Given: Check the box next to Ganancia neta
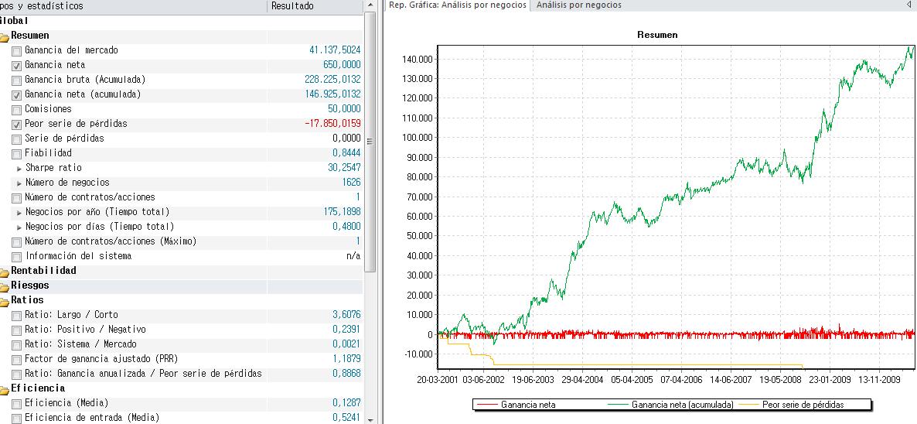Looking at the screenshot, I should coord(17,66).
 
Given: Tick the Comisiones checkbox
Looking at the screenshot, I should coord(17,110).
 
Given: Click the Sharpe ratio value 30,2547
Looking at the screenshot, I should coord(344,168).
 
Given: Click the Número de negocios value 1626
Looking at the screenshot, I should coord(350,183).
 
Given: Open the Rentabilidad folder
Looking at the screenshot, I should coord(5,272).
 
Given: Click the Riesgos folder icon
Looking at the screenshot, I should coord(5,286).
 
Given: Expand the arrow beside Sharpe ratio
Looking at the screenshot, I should coord(19,169).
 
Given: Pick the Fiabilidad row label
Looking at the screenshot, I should coord(48,153).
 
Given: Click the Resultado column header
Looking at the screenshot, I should coord(292,6).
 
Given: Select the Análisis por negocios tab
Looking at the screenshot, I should coord(579,5).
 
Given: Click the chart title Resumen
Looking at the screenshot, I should coord(657,35).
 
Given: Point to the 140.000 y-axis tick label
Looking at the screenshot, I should coord(417,60).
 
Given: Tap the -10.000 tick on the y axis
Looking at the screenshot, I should coord(417,354).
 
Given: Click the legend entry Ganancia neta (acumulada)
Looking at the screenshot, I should coord(682,405).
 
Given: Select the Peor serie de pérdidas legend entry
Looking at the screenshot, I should coord(803,405).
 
